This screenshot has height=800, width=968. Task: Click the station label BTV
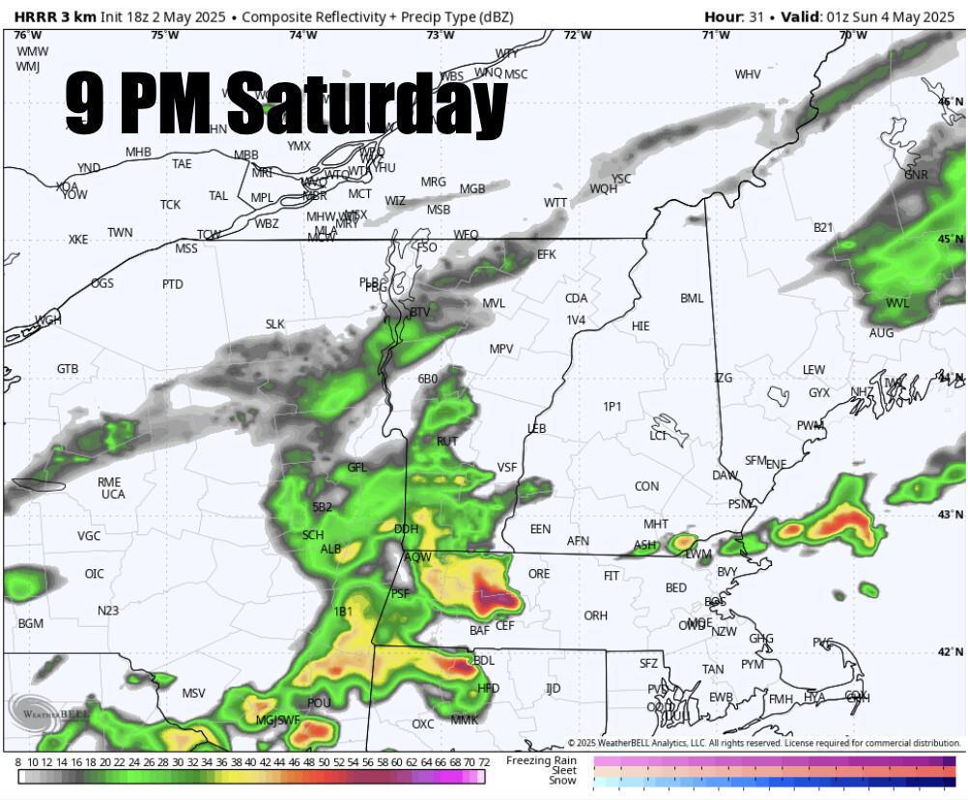point(419,312)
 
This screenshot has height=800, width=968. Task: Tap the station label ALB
point(331,549)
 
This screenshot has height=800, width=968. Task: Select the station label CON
point(647,486)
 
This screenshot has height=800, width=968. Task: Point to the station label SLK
point(275,324)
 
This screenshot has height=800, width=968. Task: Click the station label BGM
point(31,623)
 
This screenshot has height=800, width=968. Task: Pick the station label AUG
point(881,332)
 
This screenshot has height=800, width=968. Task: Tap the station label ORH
point(596,615)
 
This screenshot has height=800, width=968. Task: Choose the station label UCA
point(113,494)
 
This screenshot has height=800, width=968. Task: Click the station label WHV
point(748,74)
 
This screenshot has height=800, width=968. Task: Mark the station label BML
point(692,298)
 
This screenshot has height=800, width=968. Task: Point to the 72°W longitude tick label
point(578,35)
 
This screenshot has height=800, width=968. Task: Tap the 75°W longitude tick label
point(165,35)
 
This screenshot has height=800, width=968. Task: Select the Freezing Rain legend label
point(542,760)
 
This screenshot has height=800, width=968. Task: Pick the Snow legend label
point(563,781)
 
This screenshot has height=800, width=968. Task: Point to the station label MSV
point(193,693)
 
